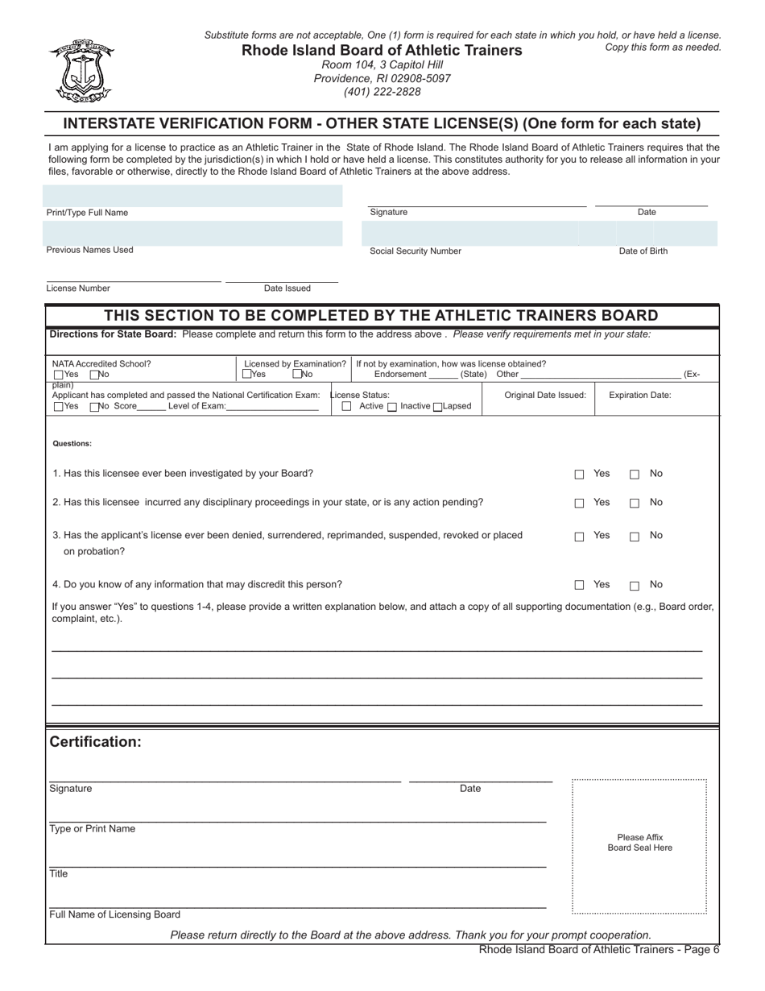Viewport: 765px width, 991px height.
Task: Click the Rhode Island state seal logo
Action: [x=81, y=71]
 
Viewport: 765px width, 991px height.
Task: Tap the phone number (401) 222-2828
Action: [x=382, y=92]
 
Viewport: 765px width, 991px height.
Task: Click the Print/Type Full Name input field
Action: [x=192, y=196]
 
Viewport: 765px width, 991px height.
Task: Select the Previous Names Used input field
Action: [x=192, y=233]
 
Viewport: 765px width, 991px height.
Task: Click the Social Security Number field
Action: [x=469, y=233]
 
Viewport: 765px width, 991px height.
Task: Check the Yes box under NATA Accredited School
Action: [x=59, y=375]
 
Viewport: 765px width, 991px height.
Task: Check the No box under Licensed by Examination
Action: [x=297, y=374]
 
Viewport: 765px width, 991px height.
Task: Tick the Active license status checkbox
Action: [x=347, y=407]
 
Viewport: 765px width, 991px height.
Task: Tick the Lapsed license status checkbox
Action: [x=438, y=407]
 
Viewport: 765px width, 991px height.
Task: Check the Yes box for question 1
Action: [x=579, y=475]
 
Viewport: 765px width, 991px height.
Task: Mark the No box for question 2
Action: [x=635, y=504]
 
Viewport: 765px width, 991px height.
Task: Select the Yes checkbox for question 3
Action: [x=579, y=537]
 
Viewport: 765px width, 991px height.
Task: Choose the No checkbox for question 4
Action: [x=635, y=586]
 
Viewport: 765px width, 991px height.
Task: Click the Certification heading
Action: [x=96, y=742]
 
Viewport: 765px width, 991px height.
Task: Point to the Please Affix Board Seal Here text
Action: [x=639, y=843]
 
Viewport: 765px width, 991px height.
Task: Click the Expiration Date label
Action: [x=639, y=395]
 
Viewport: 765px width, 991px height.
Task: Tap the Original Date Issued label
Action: [x=545, y=395]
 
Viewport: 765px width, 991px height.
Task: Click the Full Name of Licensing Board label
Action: [x=115, y=914]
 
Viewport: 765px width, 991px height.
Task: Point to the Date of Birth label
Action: [x=643, y=251]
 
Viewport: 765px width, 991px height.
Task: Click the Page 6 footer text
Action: [x=599, y=950]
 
